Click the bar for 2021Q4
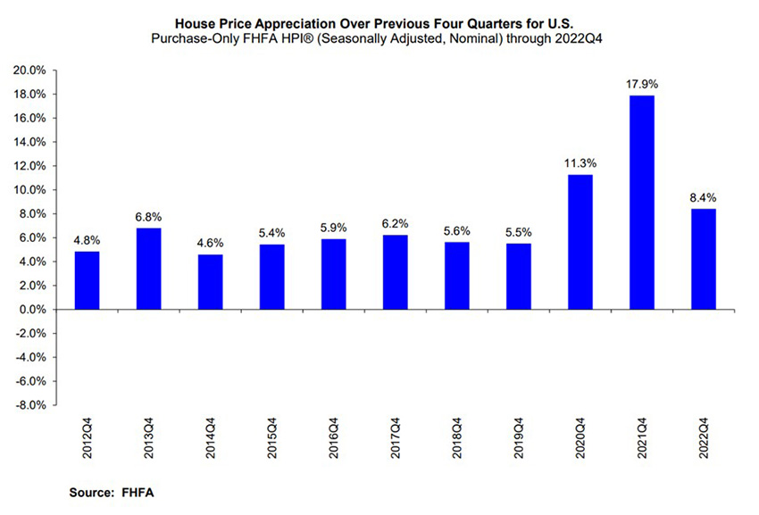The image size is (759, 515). (642, 203)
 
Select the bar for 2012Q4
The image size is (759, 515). (87, 280)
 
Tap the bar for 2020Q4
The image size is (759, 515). (580, 242)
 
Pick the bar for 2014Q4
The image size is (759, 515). (210, 282)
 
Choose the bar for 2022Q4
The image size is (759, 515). (704, 259)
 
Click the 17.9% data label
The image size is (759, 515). (642, 84)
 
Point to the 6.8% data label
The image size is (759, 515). (148, 217)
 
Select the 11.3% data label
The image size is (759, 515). (580, 163)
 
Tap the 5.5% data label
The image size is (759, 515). (518, 232)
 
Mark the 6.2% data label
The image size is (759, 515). (395, 224)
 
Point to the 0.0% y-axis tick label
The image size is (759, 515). (32, 310)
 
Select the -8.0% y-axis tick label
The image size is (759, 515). (31, 405)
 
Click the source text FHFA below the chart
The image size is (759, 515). (126, 492)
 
